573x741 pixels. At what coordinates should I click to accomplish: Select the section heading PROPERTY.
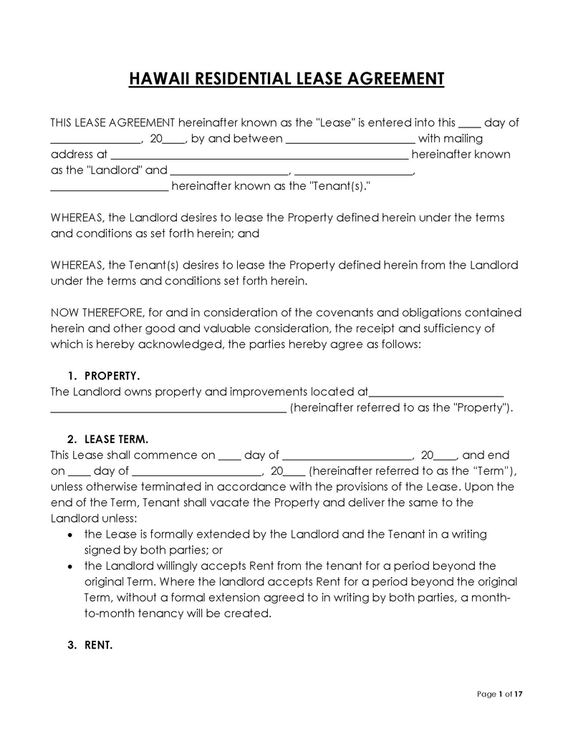(112, 376)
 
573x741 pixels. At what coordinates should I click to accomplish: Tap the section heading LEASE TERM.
(116, 439)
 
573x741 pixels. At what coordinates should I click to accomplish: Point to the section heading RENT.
(98, 645)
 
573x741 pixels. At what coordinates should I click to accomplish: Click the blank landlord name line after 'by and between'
(350, 140)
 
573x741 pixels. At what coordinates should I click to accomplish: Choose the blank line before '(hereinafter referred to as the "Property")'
(169, 410)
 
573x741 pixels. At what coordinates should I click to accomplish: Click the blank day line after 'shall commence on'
(229, 457)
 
